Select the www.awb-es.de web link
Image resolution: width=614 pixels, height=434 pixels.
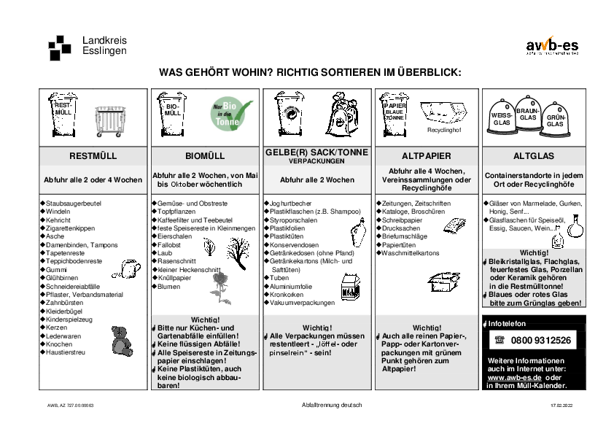coord(513,377)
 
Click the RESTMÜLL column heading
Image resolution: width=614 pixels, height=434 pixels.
coord(93,156)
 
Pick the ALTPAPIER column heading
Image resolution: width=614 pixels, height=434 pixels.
coord(427,156)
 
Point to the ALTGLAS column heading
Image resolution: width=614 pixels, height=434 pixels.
coord(534,156)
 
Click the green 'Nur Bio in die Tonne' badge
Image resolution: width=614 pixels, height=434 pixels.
coord(231,113)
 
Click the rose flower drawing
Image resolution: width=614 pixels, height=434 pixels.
coord(220,287)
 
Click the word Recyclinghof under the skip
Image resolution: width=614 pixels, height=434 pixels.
coord(444,130)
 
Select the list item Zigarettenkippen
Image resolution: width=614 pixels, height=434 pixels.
coord(71,228)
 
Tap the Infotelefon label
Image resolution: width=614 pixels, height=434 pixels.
coord(506,323)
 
